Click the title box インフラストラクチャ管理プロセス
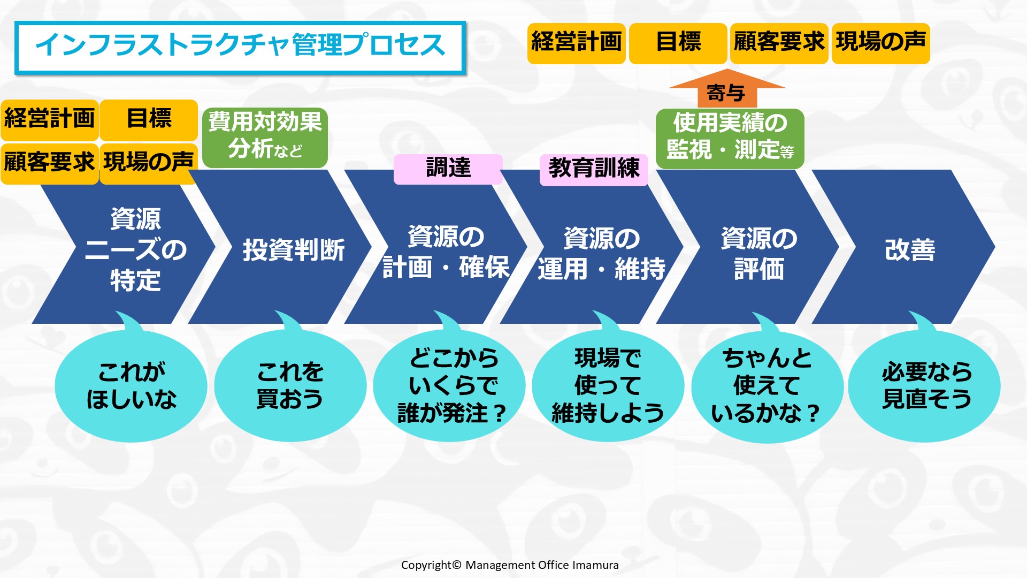[240, 47]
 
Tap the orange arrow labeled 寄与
[727, 89]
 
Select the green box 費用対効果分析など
[265, 138]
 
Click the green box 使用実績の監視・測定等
[730, 139]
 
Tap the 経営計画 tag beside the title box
[577, 43]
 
